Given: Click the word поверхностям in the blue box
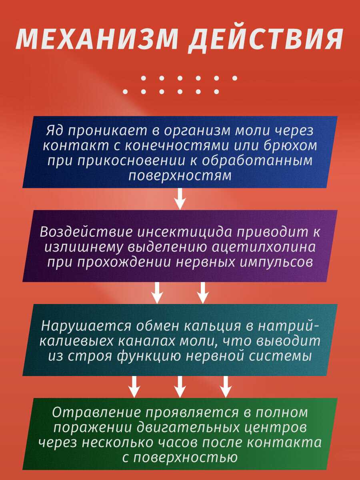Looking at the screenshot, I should pyautogui.click(x=180, y=175).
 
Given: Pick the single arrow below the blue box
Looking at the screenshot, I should pyautogui.click(x=180, y=198).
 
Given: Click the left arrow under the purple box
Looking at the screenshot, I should pyautogui.click(x=157, y=292).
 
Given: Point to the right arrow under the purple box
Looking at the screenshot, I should pyautogui.click(x=203, y=292).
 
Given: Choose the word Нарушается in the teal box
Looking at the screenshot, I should pyautogui.click(x=86, y=326).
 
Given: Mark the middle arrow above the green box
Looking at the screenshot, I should pyautogui.click(x=180, y=386).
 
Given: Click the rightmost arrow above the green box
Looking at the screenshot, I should pyautogui.click(x=226, y=386).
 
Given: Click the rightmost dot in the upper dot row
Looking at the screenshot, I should pyautogui.click(x=235, y=78).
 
